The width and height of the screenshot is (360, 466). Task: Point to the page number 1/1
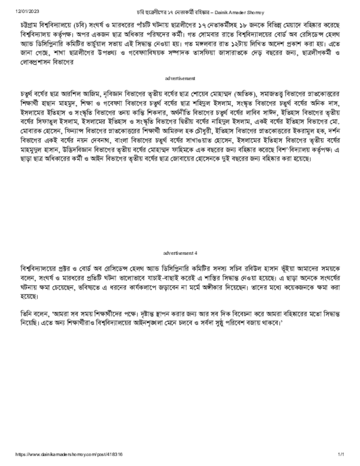(341, 454)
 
